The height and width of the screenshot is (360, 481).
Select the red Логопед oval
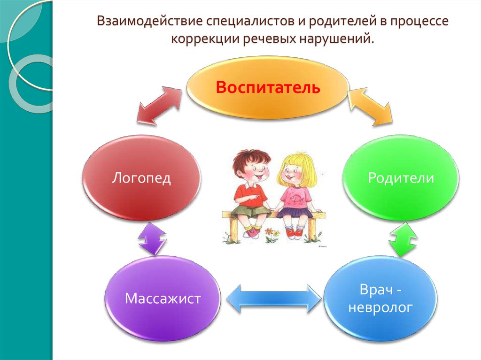(x=141, y=178)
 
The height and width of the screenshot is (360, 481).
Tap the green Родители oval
(x=401, y=178)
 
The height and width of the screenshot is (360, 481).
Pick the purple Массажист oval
(x=163, y=299)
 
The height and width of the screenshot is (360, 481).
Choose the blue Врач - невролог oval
(x=380, y=299)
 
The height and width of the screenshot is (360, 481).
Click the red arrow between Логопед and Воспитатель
(x=159, y=105)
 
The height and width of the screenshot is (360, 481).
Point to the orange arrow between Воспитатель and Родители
(x=371, y=106)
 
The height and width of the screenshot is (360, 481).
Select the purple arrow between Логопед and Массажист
(x=152, y=238)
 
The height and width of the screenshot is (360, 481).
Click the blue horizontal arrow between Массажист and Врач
(x=273, y=299)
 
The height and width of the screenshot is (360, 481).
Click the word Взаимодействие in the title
(x=150, y=21)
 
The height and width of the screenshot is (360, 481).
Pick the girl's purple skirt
(x=295, y=212)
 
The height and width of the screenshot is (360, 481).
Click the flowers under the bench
(x=272, y=235)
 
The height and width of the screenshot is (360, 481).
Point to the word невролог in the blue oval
(x=380, y=307)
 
